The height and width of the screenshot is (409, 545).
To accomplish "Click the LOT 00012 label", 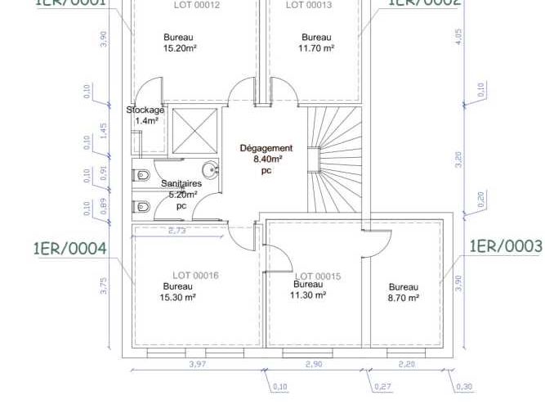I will pos(197,5).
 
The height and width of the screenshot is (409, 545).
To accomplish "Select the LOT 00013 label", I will pos(308,5).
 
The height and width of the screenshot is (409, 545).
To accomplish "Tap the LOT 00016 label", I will pos(195,276).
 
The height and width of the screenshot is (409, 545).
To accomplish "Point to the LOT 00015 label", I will pos(318,276).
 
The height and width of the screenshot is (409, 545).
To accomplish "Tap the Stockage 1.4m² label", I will pos(145,115).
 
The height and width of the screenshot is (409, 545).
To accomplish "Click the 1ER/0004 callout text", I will pos(69,248).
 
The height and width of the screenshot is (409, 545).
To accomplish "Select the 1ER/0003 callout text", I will pos(506,246).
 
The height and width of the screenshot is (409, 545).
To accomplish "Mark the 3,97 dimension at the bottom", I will pos(197,364).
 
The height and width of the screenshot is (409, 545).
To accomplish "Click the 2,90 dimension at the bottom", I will pos(314,364).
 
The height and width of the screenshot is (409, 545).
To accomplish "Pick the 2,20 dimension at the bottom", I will pos(406,364).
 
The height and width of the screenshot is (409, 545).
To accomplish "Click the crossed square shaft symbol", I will pos(194,130).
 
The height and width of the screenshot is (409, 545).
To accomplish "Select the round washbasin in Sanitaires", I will pos(211,171).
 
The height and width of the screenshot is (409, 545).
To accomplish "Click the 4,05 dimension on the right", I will pos(458,37).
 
